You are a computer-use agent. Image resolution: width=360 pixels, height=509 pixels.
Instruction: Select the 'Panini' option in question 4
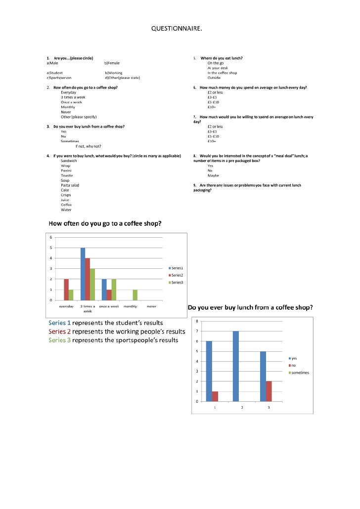67,170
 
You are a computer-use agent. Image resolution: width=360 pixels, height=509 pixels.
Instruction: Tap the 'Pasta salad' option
70,185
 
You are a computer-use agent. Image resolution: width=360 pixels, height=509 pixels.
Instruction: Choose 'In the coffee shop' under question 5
222,73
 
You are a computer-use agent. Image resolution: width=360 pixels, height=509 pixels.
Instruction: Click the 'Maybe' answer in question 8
213,175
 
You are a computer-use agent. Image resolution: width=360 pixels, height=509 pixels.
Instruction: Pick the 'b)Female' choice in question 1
112,63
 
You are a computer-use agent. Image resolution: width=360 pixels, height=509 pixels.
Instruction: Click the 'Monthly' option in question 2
68,107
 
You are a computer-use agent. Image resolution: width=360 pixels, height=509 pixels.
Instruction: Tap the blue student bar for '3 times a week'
83,274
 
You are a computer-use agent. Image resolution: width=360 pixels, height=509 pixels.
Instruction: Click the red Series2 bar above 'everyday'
66,290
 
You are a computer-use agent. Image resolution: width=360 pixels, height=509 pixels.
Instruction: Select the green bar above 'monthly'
135,295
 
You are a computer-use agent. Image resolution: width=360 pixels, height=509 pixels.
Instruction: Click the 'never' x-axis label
151,306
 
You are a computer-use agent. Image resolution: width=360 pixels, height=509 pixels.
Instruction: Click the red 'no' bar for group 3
269,391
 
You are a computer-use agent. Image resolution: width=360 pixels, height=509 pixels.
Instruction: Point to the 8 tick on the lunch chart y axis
198,321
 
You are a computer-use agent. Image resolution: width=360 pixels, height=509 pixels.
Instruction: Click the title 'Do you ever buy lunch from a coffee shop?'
250,307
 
